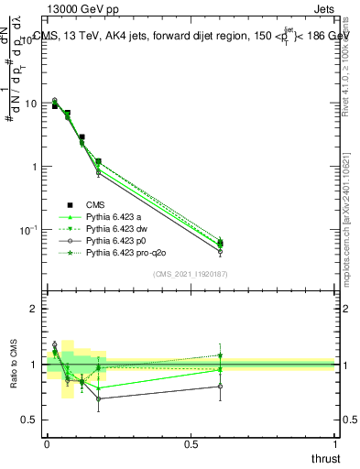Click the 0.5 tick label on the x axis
click(x=191, y=445)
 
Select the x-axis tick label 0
click(x=47, y=445)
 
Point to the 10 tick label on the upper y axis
click(x=31, y=104)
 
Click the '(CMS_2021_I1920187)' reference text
click(x=191, y=273)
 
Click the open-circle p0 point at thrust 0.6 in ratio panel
click(x=219, y=387)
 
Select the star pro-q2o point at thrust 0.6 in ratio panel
click(x=219, y=355)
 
